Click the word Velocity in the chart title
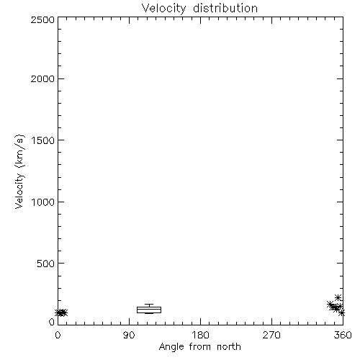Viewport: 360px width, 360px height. click(163, 9)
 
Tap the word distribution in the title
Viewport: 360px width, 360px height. click(225, 8)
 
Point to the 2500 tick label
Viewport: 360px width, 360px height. click(43, 19)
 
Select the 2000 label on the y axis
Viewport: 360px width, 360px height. click(43, 78)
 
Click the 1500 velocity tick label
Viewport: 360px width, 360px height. click(43, 140)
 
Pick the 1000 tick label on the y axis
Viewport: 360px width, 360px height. click(43, 202)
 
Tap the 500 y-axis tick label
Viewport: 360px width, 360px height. click(46, 264)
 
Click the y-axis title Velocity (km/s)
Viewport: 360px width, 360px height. click(19, 172)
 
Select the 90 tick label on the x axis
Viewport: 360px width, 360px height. click(129, 335)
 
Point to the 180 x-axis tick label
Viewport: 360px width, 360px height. click(200, 335)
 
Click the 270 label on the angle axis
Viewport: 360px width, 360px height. click(271, 335)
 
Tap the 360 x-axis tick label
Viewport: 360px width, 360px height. click(343, 335)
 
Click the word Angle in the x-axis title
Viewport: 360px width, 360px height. click(171, 347)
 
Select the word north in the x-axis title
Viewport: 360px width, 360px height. click(229, 347)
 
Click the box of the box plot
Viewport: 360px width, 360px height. click(149, 307)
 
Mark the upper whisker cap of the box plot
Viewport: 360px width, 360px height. click(149, 305)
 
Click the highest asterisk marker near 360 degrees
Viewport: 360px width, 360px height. click(338, 298)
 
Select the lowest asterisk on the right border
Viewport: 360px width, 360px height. click(342, 313)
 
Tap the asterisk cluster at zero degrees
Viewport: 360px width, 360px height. click(61, 312)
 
